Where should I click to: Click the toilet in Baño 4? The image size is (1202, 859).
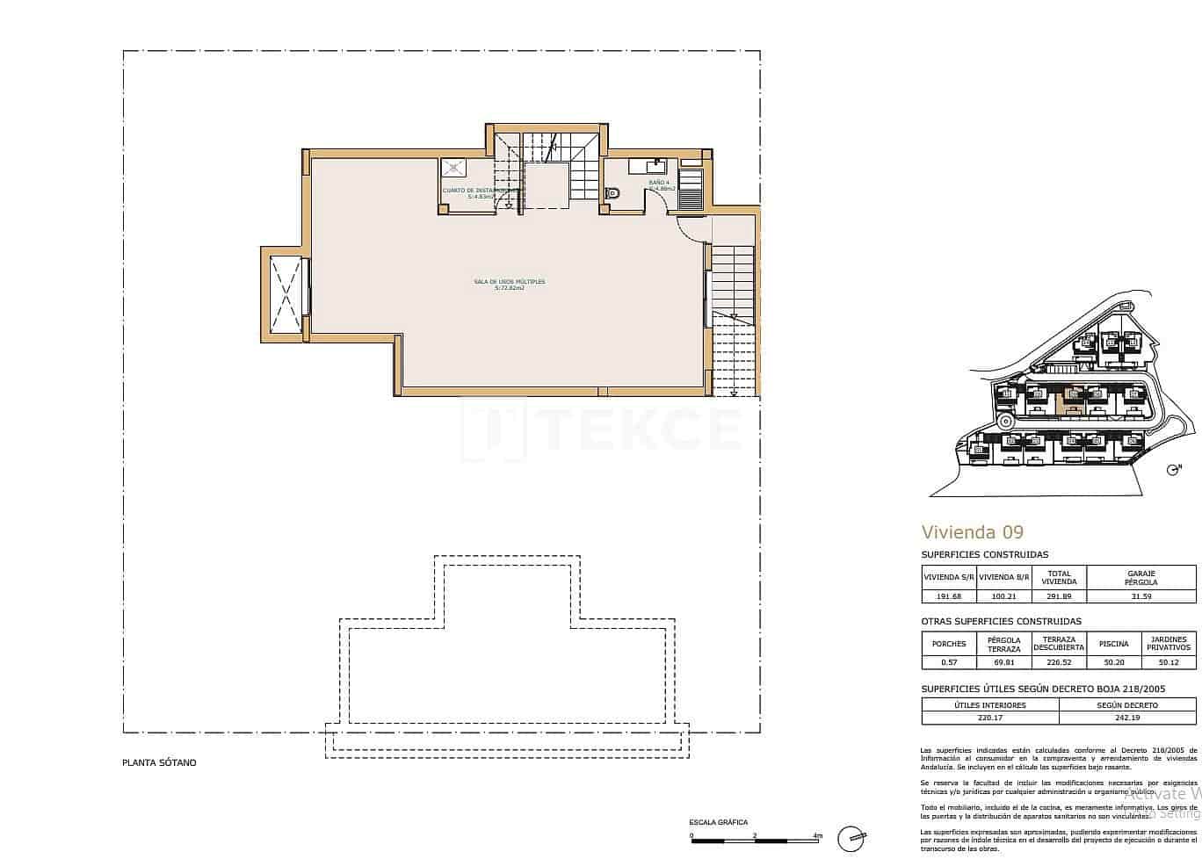coord(613,194)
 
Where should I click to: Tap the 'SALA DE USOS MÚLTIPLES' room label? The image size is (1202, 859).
coord(510,285)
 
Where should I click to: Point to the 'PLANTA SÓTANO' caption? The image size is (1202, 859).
coord(159,762)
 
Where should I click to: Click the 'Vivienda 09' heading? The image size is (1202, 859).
coord(972,531)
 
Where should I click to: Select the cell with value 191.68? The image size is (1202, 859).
coord(949,596)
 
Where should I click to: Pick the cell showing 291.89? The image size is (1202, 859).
coord(1058,596)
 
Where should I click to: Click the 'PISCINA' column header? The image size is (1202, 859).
coord(1113,644)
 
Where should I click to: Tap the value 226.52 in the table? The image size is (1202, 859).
coord(1058,662)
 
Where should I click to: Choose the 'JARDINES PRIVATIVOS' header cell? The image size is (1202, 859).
coord(1168,644)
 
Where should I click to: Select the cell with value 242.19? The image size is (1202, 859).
coord(1127,718)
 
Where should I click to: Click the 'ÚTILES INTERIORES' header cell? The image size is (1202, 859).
coord(989,704)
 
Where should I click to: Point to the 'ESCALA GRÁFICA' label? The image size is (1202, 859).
coord(719,822)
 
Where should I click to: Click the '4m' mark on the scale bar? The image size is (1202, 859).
coord(817,836)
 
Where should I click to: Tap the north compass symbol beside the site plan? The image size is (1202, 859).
coord(1173,470)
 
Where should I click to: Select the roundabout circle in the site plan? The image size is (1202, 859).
coord(1007,422)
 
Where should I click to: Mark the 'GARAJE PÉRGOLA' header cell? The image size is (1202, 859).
coord(1140,577)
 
